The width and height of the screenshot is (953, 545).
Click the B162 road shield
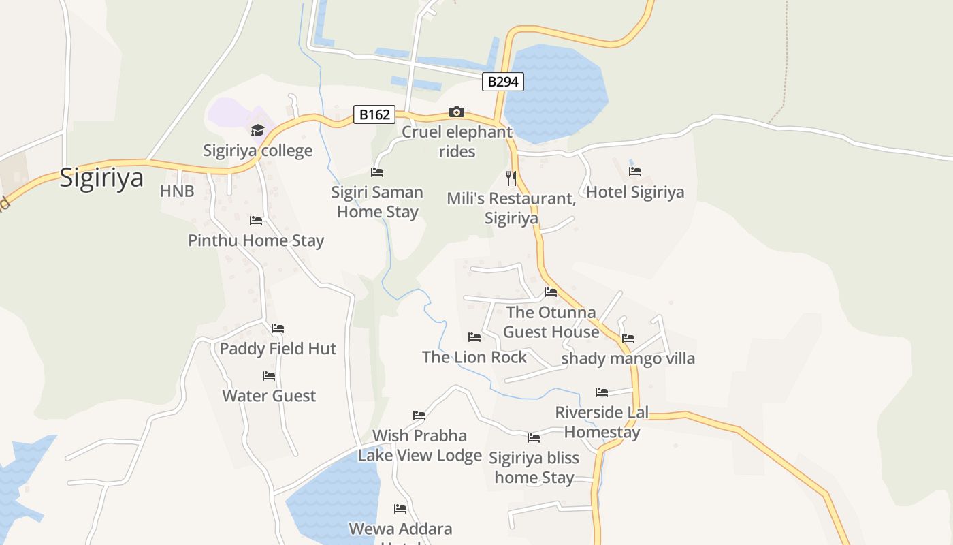pos(374,114)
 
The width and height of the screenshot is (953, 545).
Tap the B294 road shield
pos(503,82)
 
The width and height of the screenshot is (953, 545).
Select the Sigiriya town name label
pos(101,178)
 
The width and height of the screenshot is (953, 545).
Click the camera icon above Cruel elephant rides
pos(456,112)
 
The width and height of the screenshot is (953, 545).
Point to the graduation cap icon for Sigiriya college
pos(257,130)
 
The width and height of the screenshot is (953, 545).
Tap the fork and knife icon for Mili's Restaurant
pos(511,178)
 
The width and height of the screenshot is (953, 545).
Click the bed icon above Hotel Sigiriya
pos(635,172)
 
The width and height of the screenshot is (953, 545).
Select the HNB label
pos(177,191)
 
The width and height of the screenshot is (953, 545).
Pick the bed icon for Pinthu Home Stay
pos(256,220)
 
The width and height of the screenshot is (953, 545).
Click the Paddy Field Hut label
pos(278,349)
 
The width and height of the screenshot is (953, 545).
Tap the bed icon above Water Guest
pos(269,375)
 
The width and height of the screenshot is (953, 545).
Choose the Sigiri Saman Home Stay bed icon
pos(377,172)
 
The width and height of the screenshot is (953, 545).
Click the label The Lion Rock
pos(474,357)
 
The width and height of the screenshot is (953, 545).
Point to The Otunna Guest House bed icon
pos(551,292)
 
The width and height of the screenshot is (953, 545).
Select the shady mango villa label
pos(628,358)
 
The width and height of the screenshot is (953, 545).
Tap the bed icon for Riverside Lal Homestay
pos(602,392)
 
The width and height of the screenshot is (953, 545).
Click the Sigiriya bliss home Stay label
pos(534,467)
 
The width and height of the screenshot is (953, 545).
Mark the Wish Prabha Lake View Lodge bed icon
pos(419,416)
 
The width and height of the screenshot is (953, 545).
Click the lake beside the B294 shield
pos(558,95)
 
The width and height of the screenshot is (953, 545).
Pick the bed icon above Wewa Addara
pos(400,508)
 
